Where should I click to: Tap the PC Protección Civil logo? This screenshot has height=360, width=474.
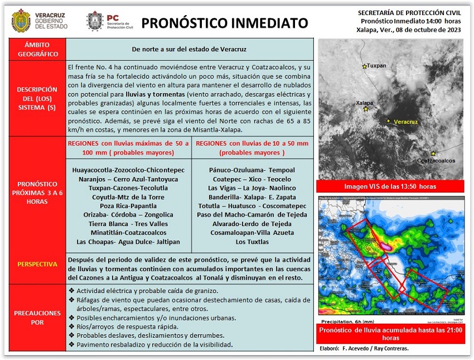click(95, 21)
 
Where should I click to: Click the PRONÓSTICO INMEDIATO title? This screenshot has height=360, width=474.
click(224, 23)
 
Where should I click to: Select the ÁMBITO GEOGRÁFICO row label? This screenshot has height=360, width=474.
click(37, 49)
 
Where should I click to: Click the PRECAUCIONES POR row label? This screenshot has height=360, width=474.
click(37, 318)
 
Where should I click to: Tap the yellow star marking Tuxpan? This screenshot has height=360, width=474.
click(365, 66)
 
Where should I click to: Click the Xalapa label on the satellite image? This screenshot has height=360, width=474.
click(364, 103)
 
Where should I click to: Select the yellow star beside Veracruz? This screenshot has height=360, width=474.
click(388, 121)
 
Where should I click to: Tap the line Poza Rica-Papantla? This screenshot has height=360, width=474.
click(128, 205)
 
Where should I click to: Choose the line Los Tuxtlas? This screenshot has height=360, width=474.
click(253, 242)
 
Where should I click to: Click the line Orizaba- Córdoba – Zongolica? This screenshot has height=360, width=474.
click(128, 214)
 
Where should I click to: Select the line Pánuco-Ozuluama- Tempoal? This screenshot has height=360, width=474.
click(252, 170)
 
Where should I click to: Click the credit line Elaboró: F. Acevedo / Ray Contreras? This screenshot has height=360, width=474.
click(365, 348)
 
